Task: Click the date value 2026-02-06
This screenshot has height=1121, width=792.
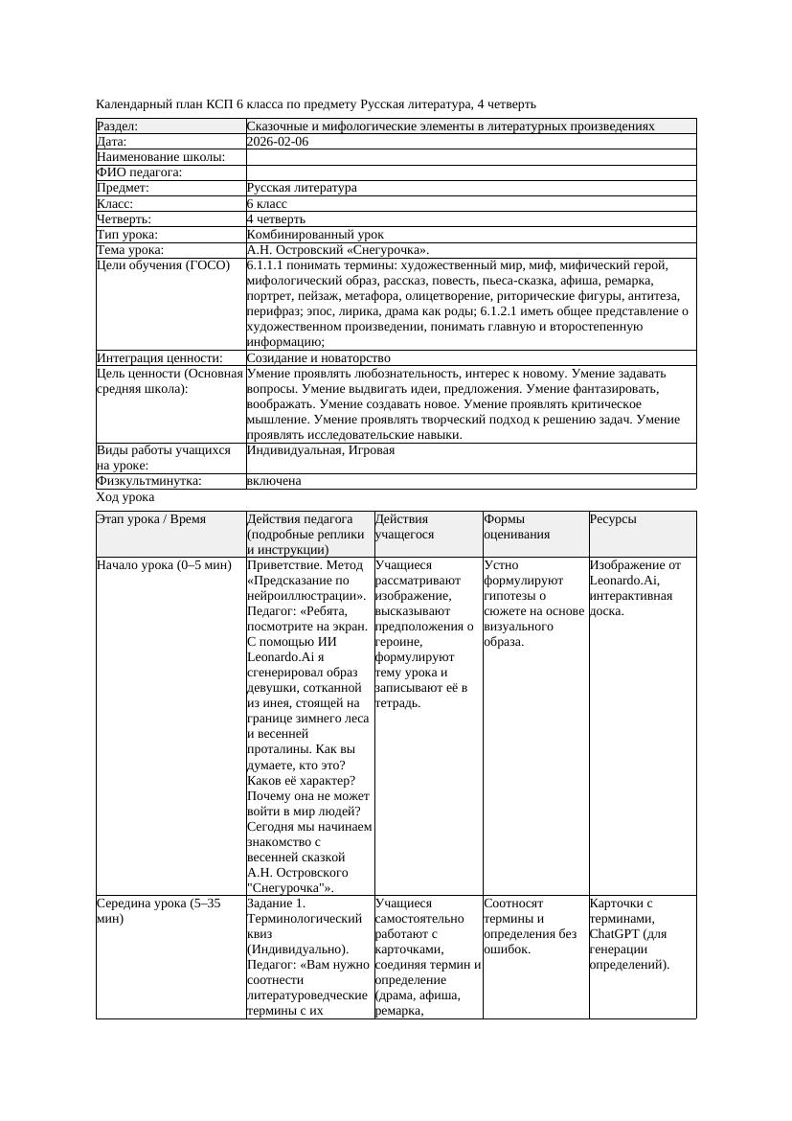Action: [278, 142]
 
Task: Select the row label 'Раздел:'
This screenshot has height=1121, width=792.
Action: [118, 126]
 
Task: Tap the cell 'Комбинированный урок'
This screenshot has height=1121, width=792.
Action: [315, 235]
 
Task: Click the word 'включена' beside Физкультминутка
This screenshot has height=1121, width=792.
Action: [274, 481]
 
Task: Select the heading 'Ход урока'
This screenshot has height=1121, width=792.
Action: [125, 497]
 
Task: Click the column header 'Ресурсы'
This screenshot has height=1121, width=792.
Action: [613, 519]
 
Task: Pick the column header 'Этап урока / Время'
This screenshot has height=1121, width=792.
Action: [151, 519]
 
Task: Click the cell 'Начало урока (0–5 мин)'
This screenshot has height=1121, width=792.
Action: [164, 565]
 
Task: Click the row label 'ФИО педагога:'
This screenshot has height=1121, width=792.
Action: [140, 172]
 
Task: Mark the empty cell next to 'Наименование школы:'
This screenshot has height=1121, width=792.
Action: [470, 157]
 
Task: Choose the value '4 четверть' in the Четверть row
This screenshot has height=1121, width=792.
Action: [276, 219]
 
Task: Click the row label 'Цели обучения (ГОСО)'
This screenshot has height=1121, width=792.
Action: [164, 265]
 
